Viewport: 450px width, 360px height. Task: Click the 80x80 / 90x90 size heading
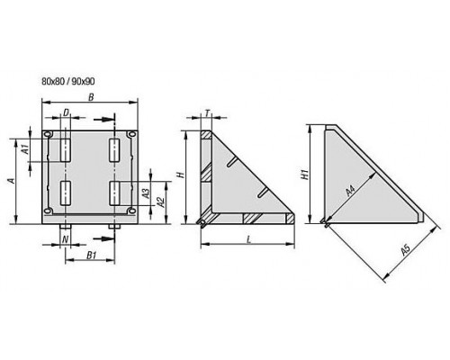[x=68, y=81]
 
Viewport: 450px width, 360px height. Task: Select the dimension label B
[x=91, y=97]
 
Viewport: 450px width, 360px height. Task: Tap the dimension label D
[x=66, y=112]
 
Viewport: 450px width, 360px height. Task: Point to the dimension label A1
[x=26, y=149]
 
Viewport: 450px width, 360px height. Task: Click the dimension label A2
[x=161, y=202]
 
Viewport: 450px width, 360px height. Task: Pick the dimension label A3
[x=146, y=193]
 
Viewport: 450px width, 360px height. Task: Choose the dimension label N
[x=65, y=239]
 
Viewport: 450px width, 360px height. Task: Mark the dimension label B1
[x=91, y=256]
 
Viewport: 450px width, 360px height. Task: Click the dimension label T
[x=207, y=112]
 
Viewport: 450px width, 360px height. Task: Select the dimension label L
[x=248, y=239]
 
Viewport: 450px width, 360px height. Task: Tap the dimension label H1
[x=305, y=175]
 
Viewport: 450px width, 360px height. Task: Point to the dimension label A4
[x=350, y=191]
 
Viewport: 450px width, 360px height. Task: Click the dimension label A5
[x=405, y=250]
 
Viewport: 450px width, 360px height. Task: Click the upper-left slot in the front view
[x=66, y=150]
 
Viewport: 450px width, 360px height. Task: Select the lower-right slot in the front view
[x=114, y=193]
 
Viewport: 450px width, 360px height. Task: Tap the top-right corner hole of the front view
[x=131, y=134]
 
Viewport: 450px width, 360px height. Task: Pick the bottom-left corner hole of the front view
[x=48, y=211]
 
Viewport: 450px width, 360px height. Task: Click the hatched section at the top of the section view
[x=206, y=135]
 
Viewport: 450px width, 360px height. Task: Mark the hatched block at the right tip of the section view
[x=290, y=218]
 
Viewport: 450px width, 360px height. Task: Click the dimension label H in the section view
[x=181, y=175]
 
